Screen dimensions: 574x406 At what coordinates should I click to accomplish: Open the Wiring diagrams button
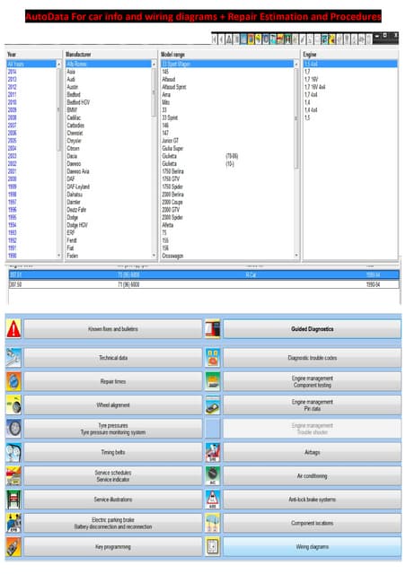[x=312, y=546]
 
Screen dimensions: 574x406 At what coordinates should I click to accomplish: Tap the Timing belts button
[x=113, y=454]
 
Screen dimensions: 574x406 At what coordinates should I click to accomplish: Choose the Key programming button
[x=113, y=546]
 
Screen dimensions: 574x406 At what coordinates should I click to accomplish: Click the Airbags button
[x=312, y=454]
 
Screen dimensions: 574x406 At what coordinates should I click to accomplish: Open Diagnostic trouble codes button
[x=312, y=358]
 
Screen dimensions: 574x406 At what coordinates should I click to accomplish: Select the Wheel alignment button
[x=113, y=405]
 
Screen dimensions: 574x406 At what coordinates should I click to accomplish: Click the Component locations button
[x=312, y=521]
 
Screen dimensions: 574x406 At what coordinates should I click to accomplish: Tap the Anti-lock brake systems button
[x=312, y=499]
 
